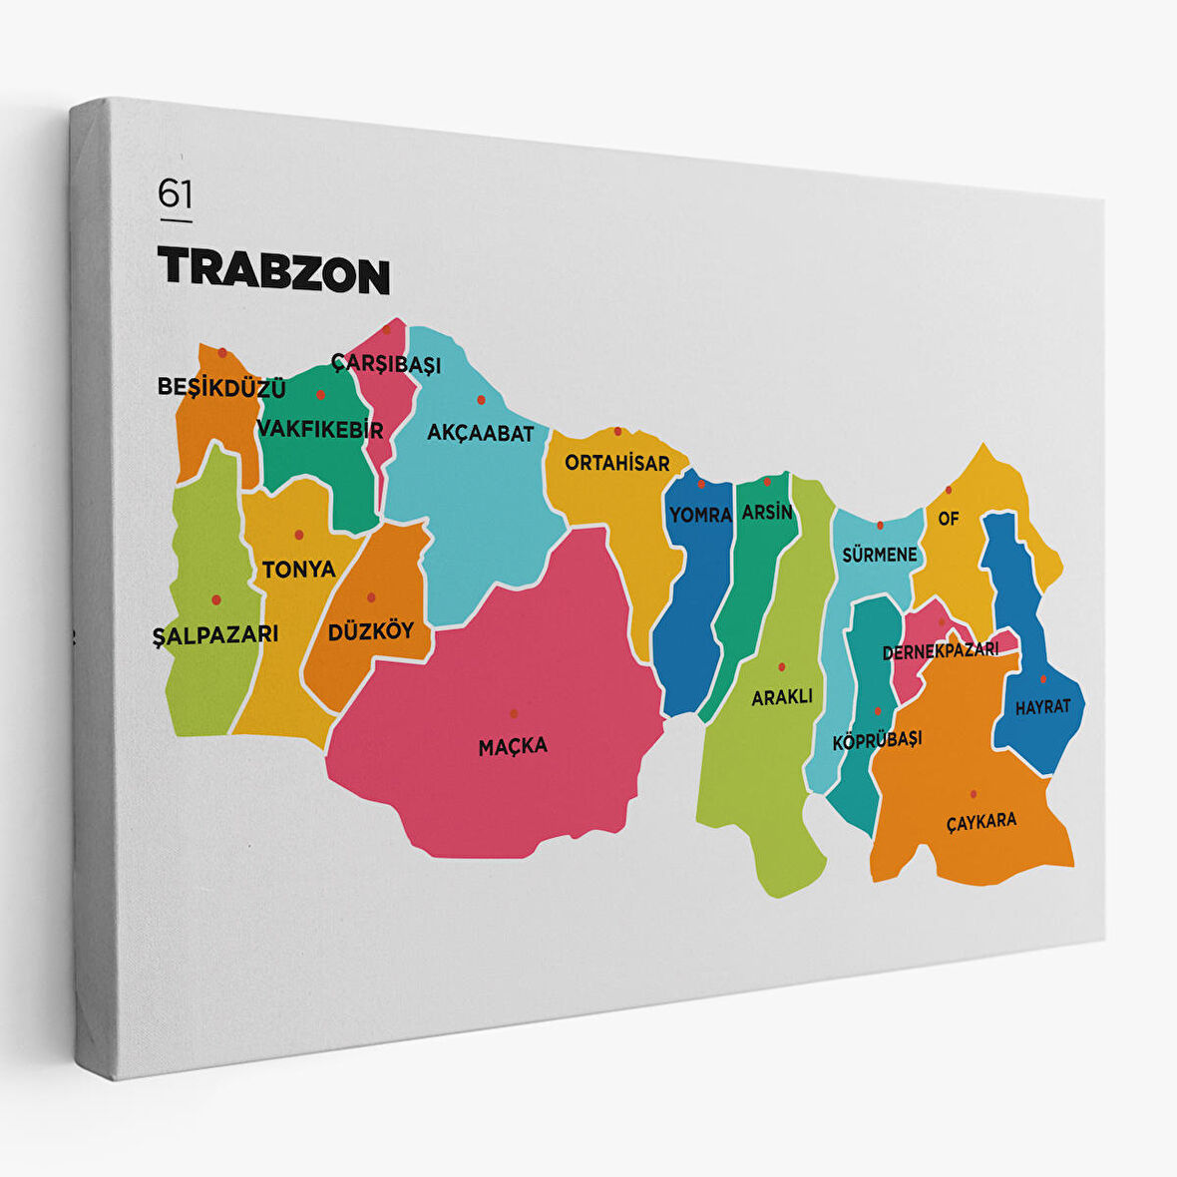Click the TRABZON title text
[x=273, y=269]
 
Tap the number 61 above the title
[x=175, y=193]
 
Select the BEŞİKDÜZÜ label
[x=221, y=387]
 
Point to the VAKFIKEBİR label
[x=320, y=430]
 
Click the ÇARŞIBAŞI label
[x=386, y=364]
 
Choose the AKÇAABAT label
[x=481, y=433]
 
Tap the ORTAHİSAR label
[x=617, y=463]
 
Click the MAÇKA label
[x=513, y=745]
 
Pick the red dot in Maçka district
[x=514, y=713]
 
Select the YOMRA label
[x=700, y=515]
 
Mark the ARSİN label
[x=767, y=513]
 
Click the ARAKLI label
[x=782, y=697]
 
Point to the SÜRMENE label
[x=879, y=555]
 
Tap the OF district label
[x=948, y=519]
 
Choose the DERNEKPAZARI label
[x=941, y=651]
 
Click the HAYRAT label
[x=1042, y=707]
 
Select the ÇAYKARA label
[x=981, y=821]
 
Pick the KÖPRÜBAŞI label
[x=877, y=739]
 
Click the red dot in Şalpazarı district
[x=215, y=599]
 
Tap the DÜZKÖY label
[x=370, y=631]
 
